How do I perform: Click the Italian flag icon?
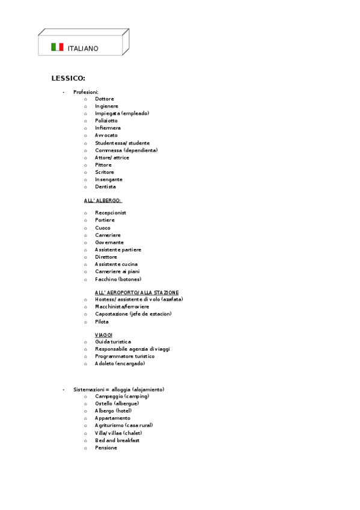(x=57, y=47)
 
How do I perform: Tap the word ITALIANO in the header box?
(x=83, y=48)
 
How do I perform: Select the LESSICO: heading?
(x=68, y=78)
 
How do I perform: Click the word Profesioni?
(x=86, y=92)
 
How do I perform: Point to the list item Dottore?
(x=104, y=99)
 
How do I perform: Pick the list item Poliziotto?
(x=106, y=121)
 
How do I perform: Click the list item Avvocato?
(x=106, y=135)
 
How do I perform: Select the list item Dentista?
(x=105, y=187)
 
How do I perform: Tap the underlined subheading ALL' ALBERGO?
(x=103, y=200)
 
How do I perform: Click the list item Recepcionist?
(x=111, y=213)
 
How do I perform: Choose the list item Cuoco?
(x=103, y=228)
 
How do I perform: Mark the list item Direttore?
(x=106, y=257)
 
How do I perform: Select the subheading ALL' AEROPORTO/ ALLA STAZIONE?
(x=136, y=292)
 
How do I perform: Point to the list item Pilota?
(x=102, y=322)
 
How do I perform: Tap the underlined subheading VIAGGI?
(x=103, y=334)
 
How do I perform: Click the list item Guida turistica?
(x=113, y=342)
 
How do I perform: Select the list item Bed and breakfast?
(x=117, y=440)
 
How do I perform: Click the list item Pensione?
(x=106, y=448)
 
